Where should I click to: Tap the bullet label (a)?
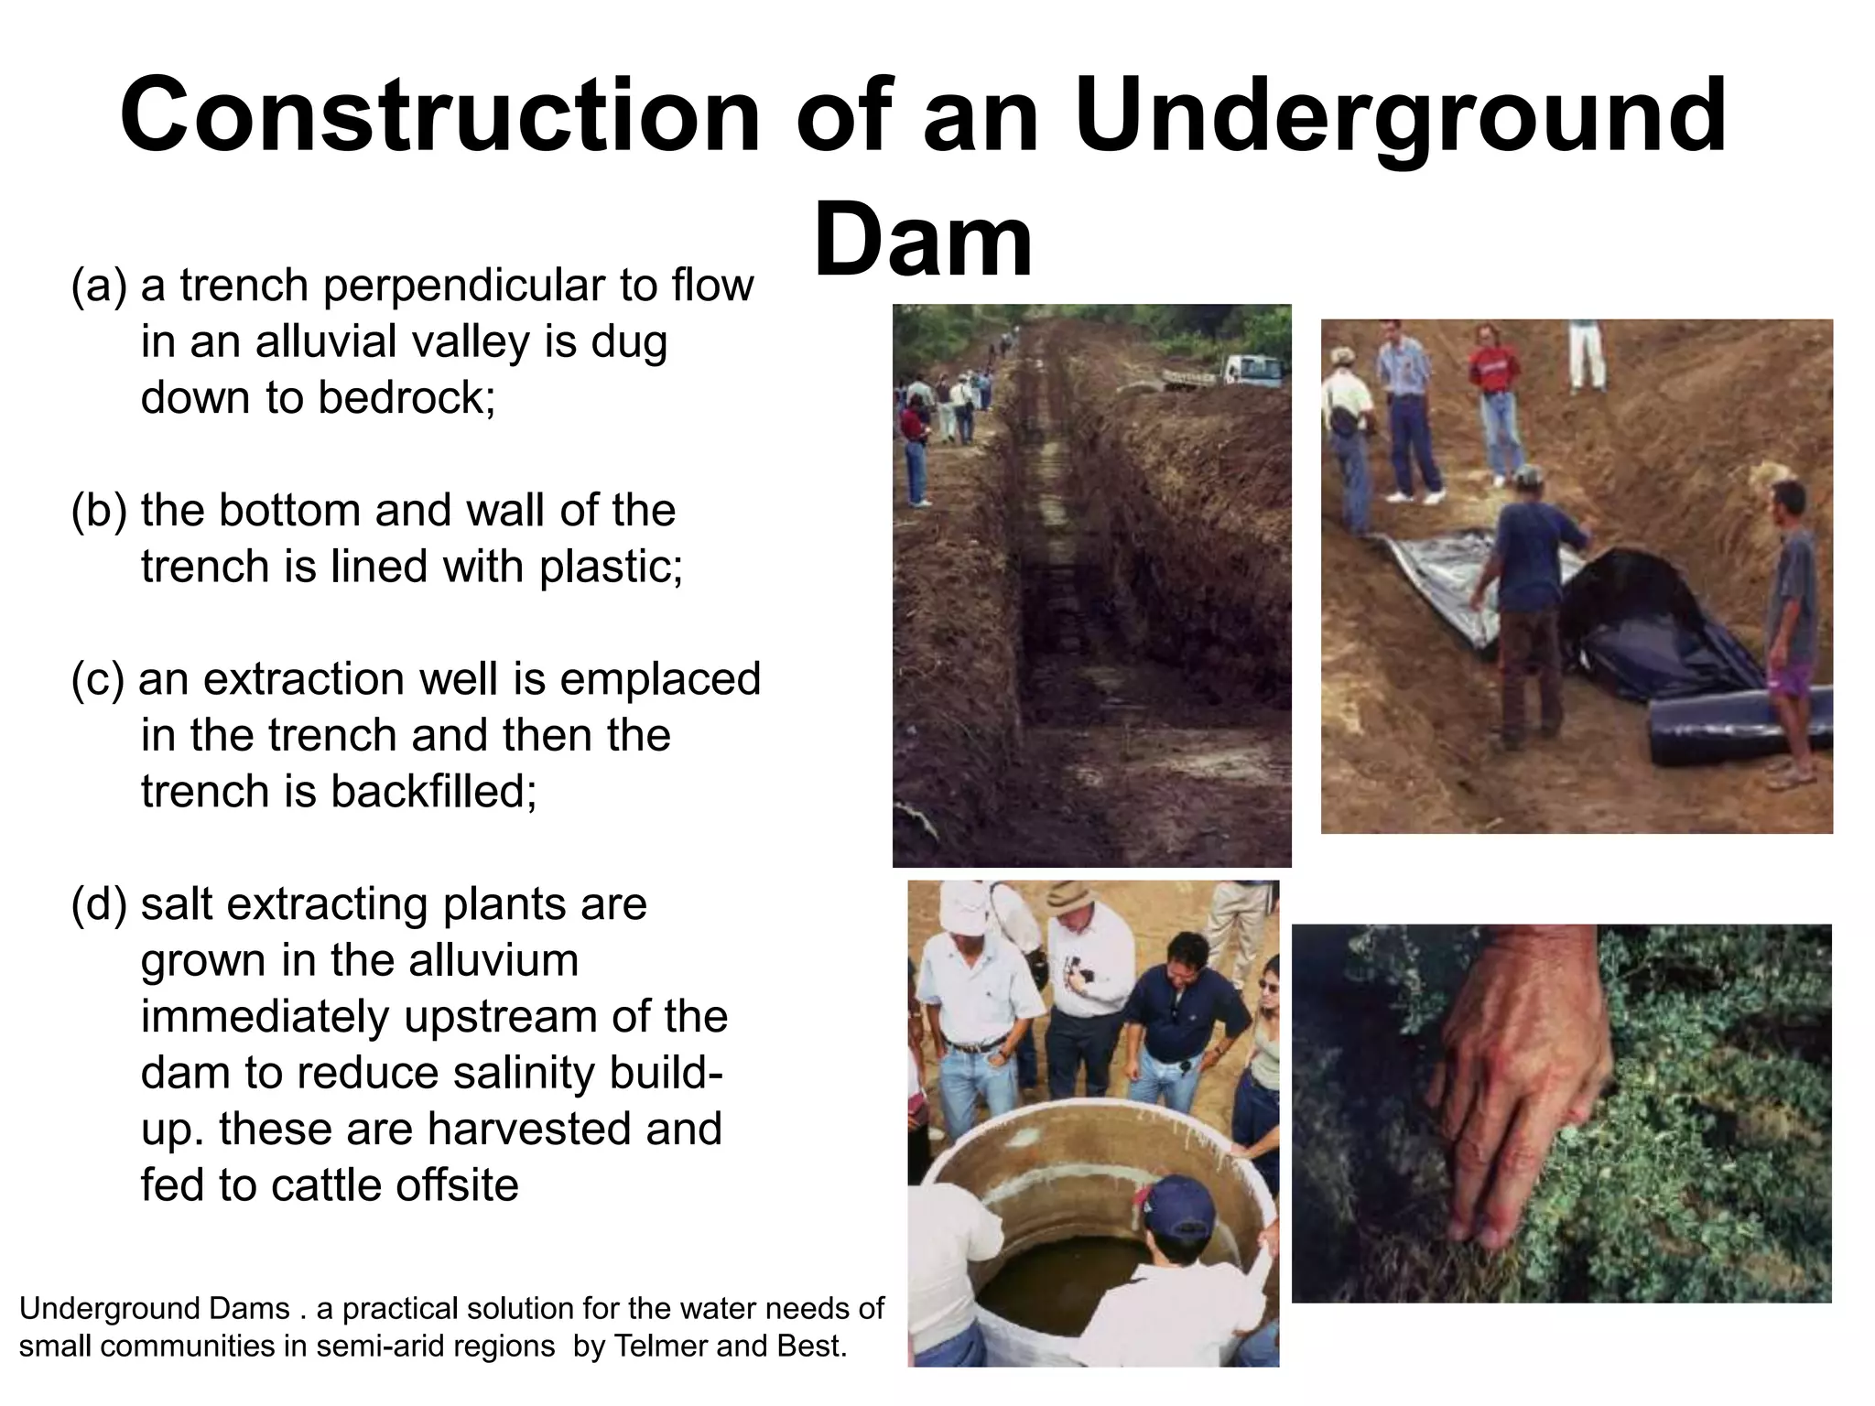(x=99, y=287)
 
